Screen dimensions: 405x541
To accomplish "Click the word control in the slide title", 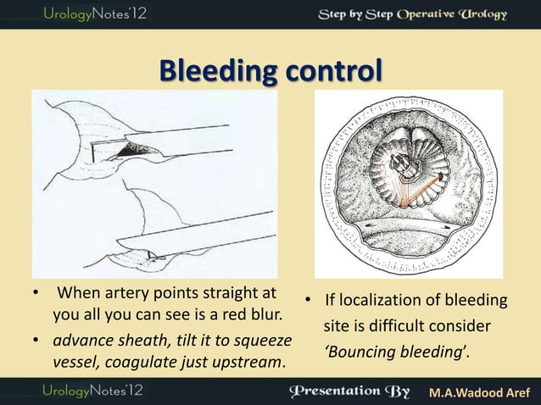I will point(323,70).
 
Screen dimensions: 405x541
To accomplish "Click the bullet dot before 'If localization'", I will point(310,302).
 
